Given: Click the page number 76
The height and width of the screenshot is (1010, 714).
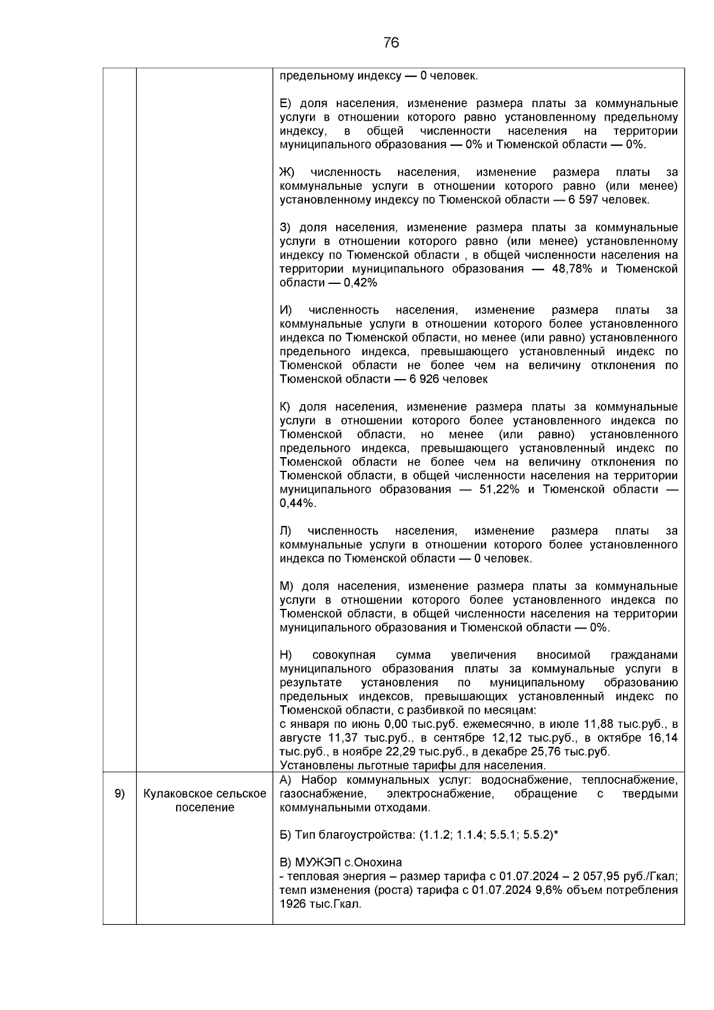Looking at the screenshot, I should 391,43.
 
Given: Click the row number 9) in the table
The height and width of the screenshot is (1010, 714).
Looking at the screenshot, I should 120,794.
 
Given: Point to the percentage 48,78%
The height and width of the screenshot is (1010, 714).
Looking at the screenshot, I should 571,269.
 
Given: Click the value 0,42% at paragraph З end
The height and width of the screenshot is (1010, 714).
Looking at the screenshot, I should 360,283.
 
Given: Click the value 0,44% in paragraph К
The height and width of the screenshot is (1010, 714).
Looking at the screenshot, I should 296,504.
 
